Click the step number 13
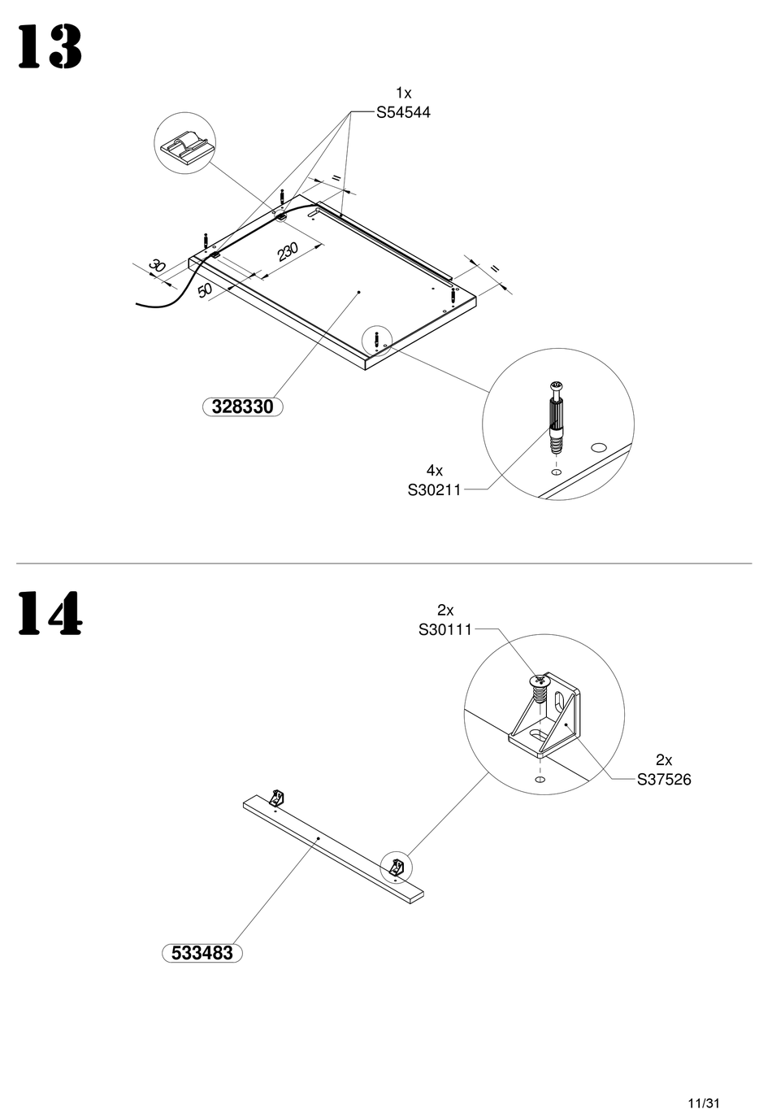tap(50, 47)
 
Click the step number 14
tap(50, 613)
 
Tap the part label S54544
tap(403, 113)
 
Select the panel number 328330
tap(242, 407)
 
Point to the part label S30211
tap(434, 489)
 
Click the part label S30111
tap(445, 629)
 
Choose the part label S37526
tap(664, 780)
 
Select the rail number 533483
tap(202, 953)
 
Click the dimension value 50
tap(205, 289)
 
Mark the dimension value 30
tap(157, 266)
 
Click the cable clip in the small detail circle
tap(184, 147)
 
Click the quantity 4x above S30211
tap(434, 470)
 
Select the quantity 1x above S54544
tap(403, 94)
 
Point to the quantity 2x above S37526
tap(664, 760)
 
